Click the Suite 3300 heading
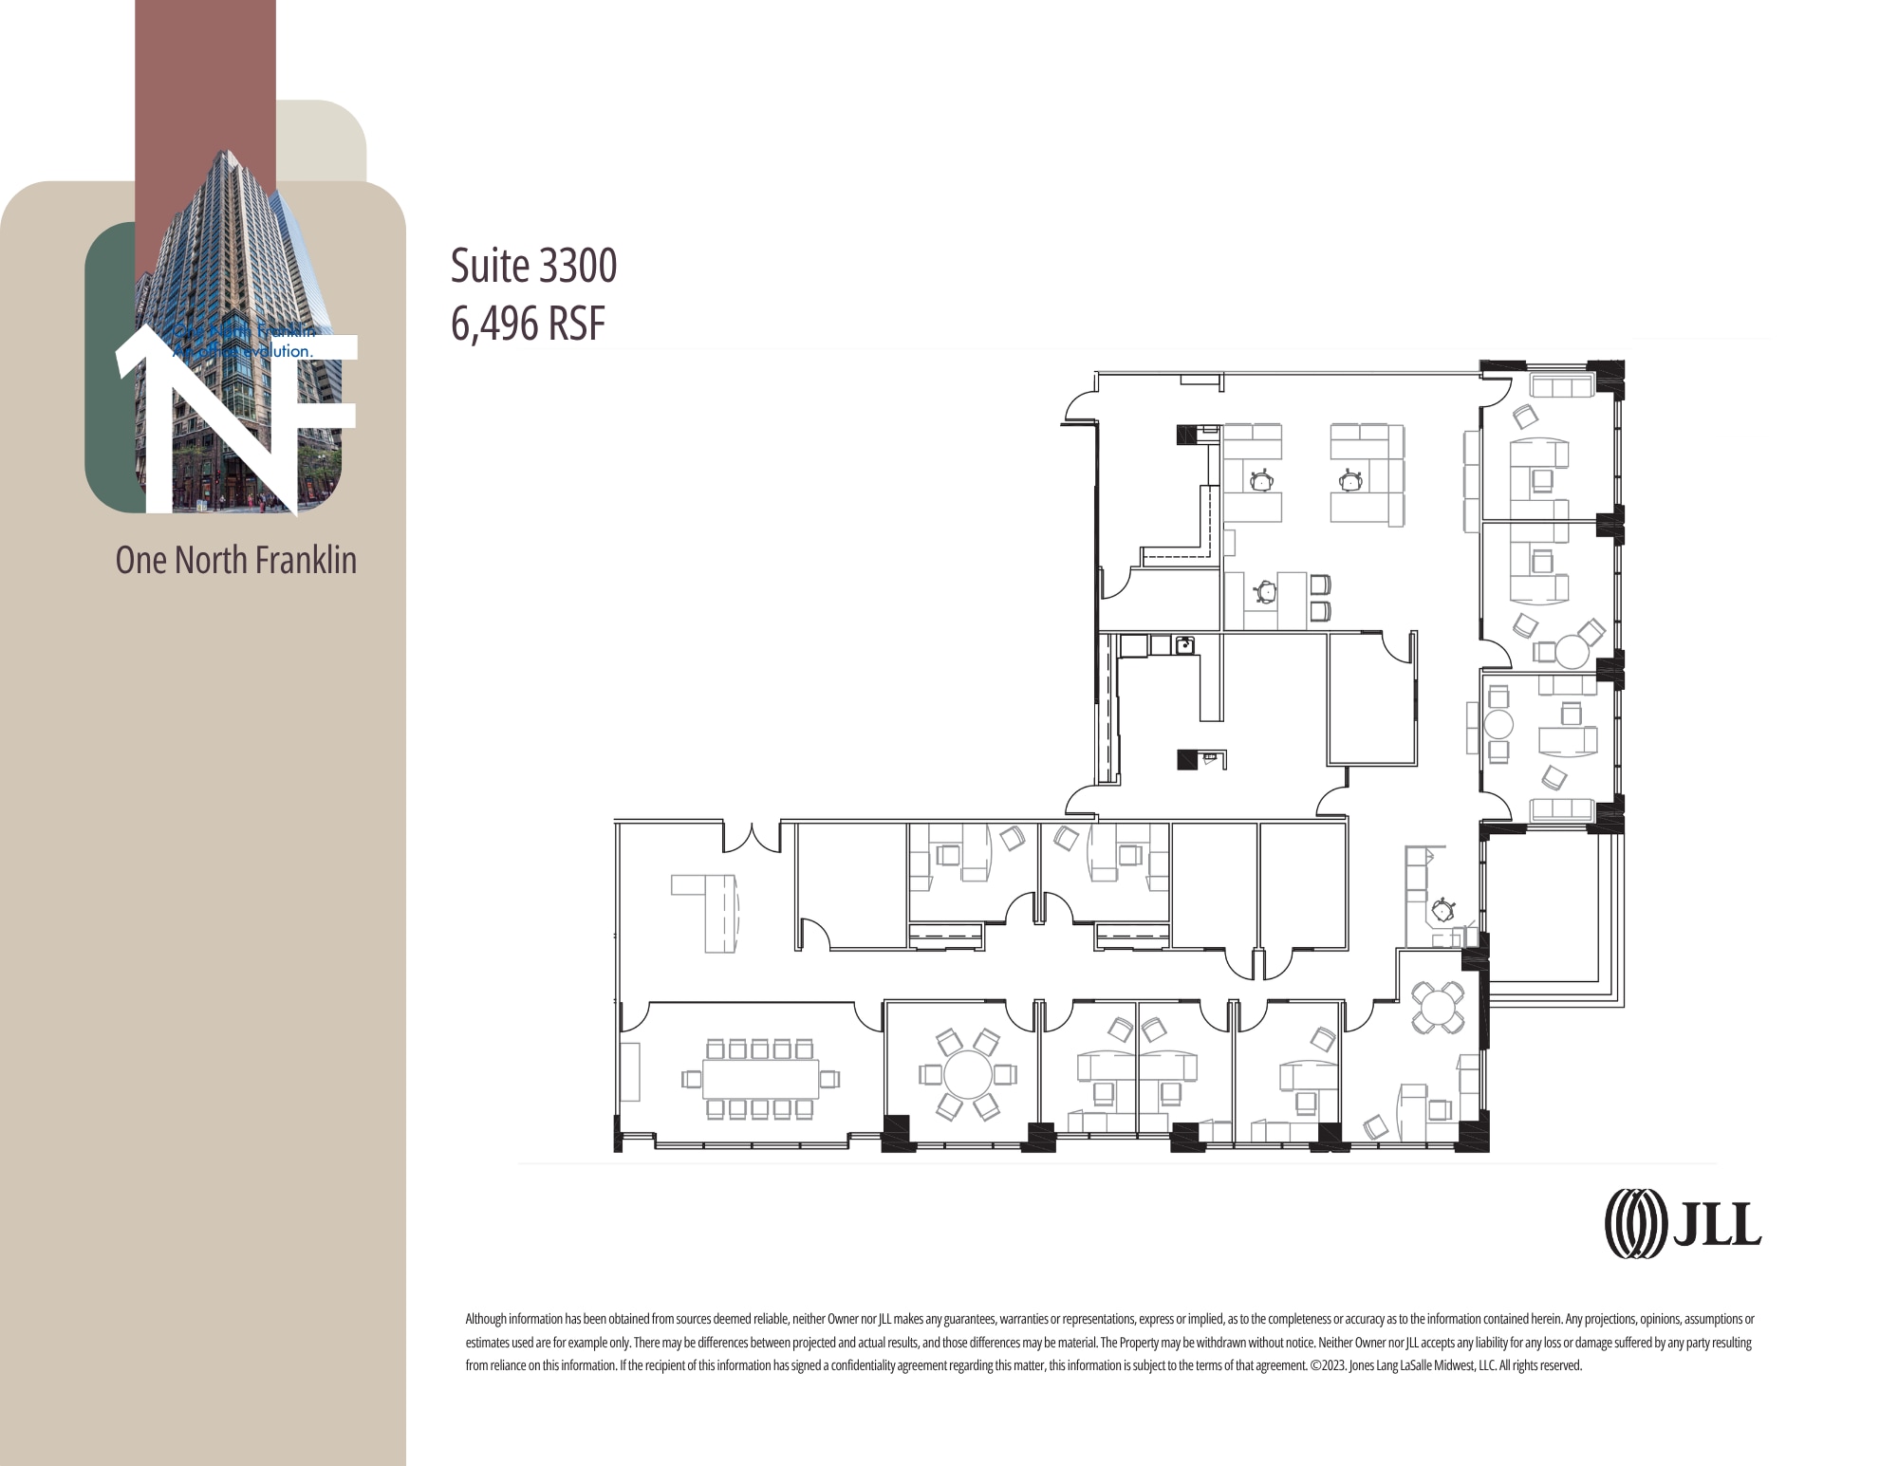pos(533,266)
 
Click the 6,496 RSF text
pos(528,324)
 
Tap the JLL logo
pos(1683,1224)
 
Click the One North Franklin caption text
pos(235,560)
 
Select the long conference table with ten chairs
pos(761,1078)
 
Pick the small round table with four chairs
pos(1439,1007)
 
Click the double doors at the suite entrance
pos(752,838)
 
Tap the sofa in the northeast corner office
pos(1560,386)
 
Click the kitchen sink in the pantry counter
pos(1184,646)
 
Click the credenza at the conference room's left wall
pos(630,1072)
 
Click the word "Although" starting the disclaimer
pos(486,1319)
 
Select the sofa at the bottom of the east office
pos(1561,808)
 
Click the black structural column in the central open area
pos(1187,759)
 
